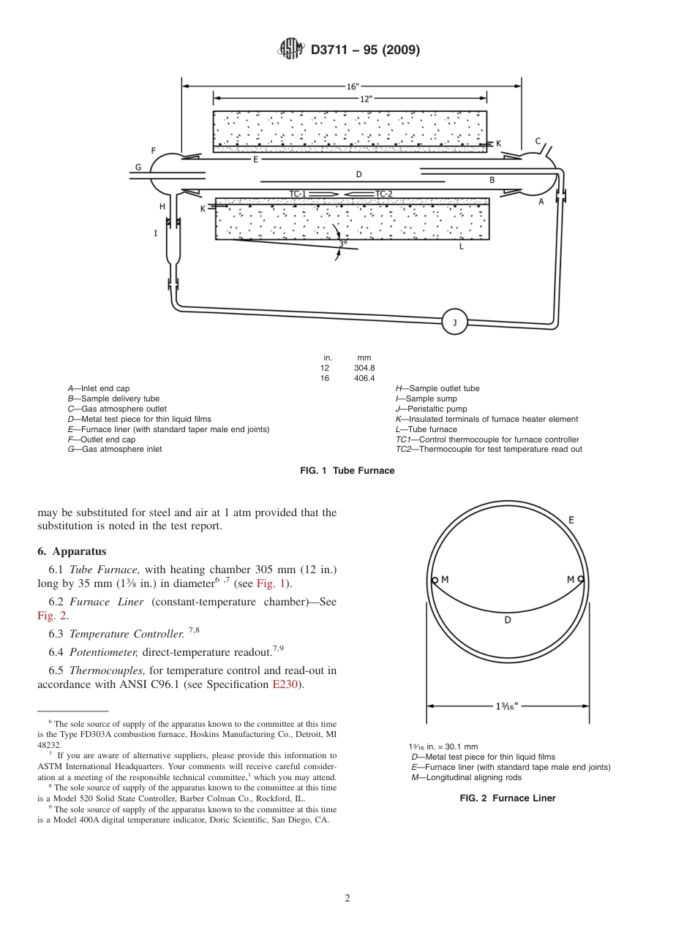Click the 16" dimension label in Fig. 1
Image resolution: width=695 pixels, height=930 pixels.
pos(353,86)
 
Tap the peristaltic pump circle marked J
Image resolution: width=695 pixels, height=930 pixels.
pos(454,322)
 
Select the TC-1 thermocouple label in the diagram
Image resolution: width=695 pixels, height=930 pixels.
pos(299,194)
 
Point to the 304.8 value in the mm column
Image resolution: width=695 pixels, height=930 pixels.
pos(364,368)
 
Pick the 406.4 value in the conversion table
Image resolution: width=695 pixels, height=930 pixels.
pos(364,378)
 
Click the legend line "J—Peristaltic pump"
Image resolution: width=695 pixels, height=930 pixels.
pos(431,409)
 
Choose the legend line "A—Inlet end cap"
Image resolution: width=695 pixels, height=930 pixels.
pos(99,388)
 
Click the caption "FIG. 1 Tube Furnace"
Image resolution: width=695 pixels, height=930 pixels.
pos(347,471)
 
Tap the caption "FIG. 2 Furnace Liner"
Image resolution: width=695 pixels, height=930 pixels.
pos(507,798)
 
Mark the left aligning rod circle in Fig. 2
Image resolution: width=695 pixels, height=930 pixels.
pos(434,581)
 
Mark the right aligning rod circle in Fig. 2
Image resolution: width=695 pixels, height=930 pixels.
pos(581,581)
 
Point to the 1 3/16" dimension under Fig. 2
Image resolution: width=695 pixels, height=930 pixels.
pos(507,706)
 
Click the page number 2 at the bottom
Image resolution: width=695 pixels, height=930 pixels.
pos(347,898)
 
